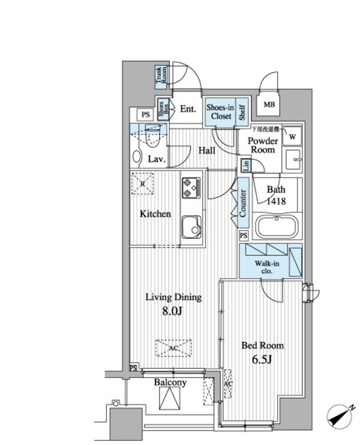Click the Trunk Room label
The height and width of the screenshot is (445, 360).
tap(160, 76)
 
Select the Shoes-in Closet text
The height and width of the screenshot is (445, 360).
tap(220, 112)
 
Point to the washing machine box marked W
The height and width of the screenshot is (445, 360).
tap(292, 136)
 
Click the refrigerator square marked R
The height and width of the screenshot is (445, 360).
tap(142, 184)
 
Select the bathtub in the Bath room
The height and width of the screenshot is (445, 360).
tap(277, 228)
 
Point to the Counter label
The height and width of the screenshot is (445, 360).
tap(244, 203)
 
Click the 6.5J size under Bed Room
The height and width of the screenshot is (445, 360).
tap(262, 360)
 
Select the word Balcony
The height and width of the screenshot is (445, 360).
tap(170, 383)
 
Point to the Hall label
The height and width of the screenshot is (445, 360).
tap(207, 151)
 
